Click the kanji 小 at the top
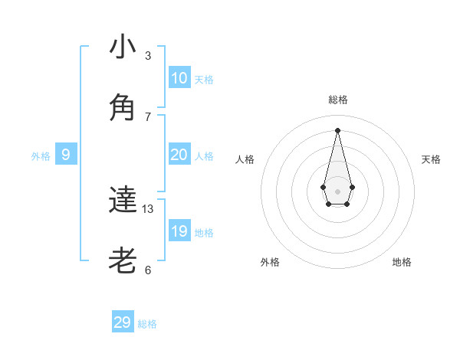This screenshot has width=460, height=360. pyautogui.click(x=123, y=47)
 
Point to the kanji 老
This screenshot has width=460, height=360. pyautogui.click(x=123, y=261)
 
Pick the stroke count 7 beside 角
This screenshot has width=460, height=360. pyautogui.click(x=148, y=116)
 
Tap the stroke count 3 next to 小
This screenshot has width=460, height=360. pyautogui.click(x=148, y=56)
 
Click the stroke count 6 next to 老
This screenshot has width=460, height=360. pyautogui.click(x=148, y=270)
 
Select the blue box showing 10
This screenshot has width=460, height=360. pyautogui.click(x=179, y=78)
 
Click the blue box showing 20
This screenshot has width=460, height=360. pyautogui.click(x=179, y=155)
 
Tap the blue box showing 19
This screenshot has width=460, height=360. pyautogui.click(x=179, y=231)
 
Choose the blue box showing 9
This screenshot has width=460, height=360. pyautogui.click(x=66, y=155)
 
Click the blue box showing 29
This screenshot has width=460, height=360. pyautogui.click(x=122, y=322)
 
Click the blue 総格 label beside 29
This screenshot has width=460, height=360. pyautogui.click(x=147, y=324)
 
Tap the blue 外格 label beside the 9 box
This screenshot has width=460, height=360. pyautogui.click(x=41, y=156)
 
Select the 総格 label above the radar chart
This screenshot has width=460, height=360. pyautogui.click(x=337, y=100)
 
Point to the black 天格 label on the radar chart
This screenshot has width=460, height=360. pyautogui.click(x=431, y=159)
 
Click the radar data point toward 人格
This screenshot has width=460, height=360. pyautogui.click(x=323, y=187)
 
